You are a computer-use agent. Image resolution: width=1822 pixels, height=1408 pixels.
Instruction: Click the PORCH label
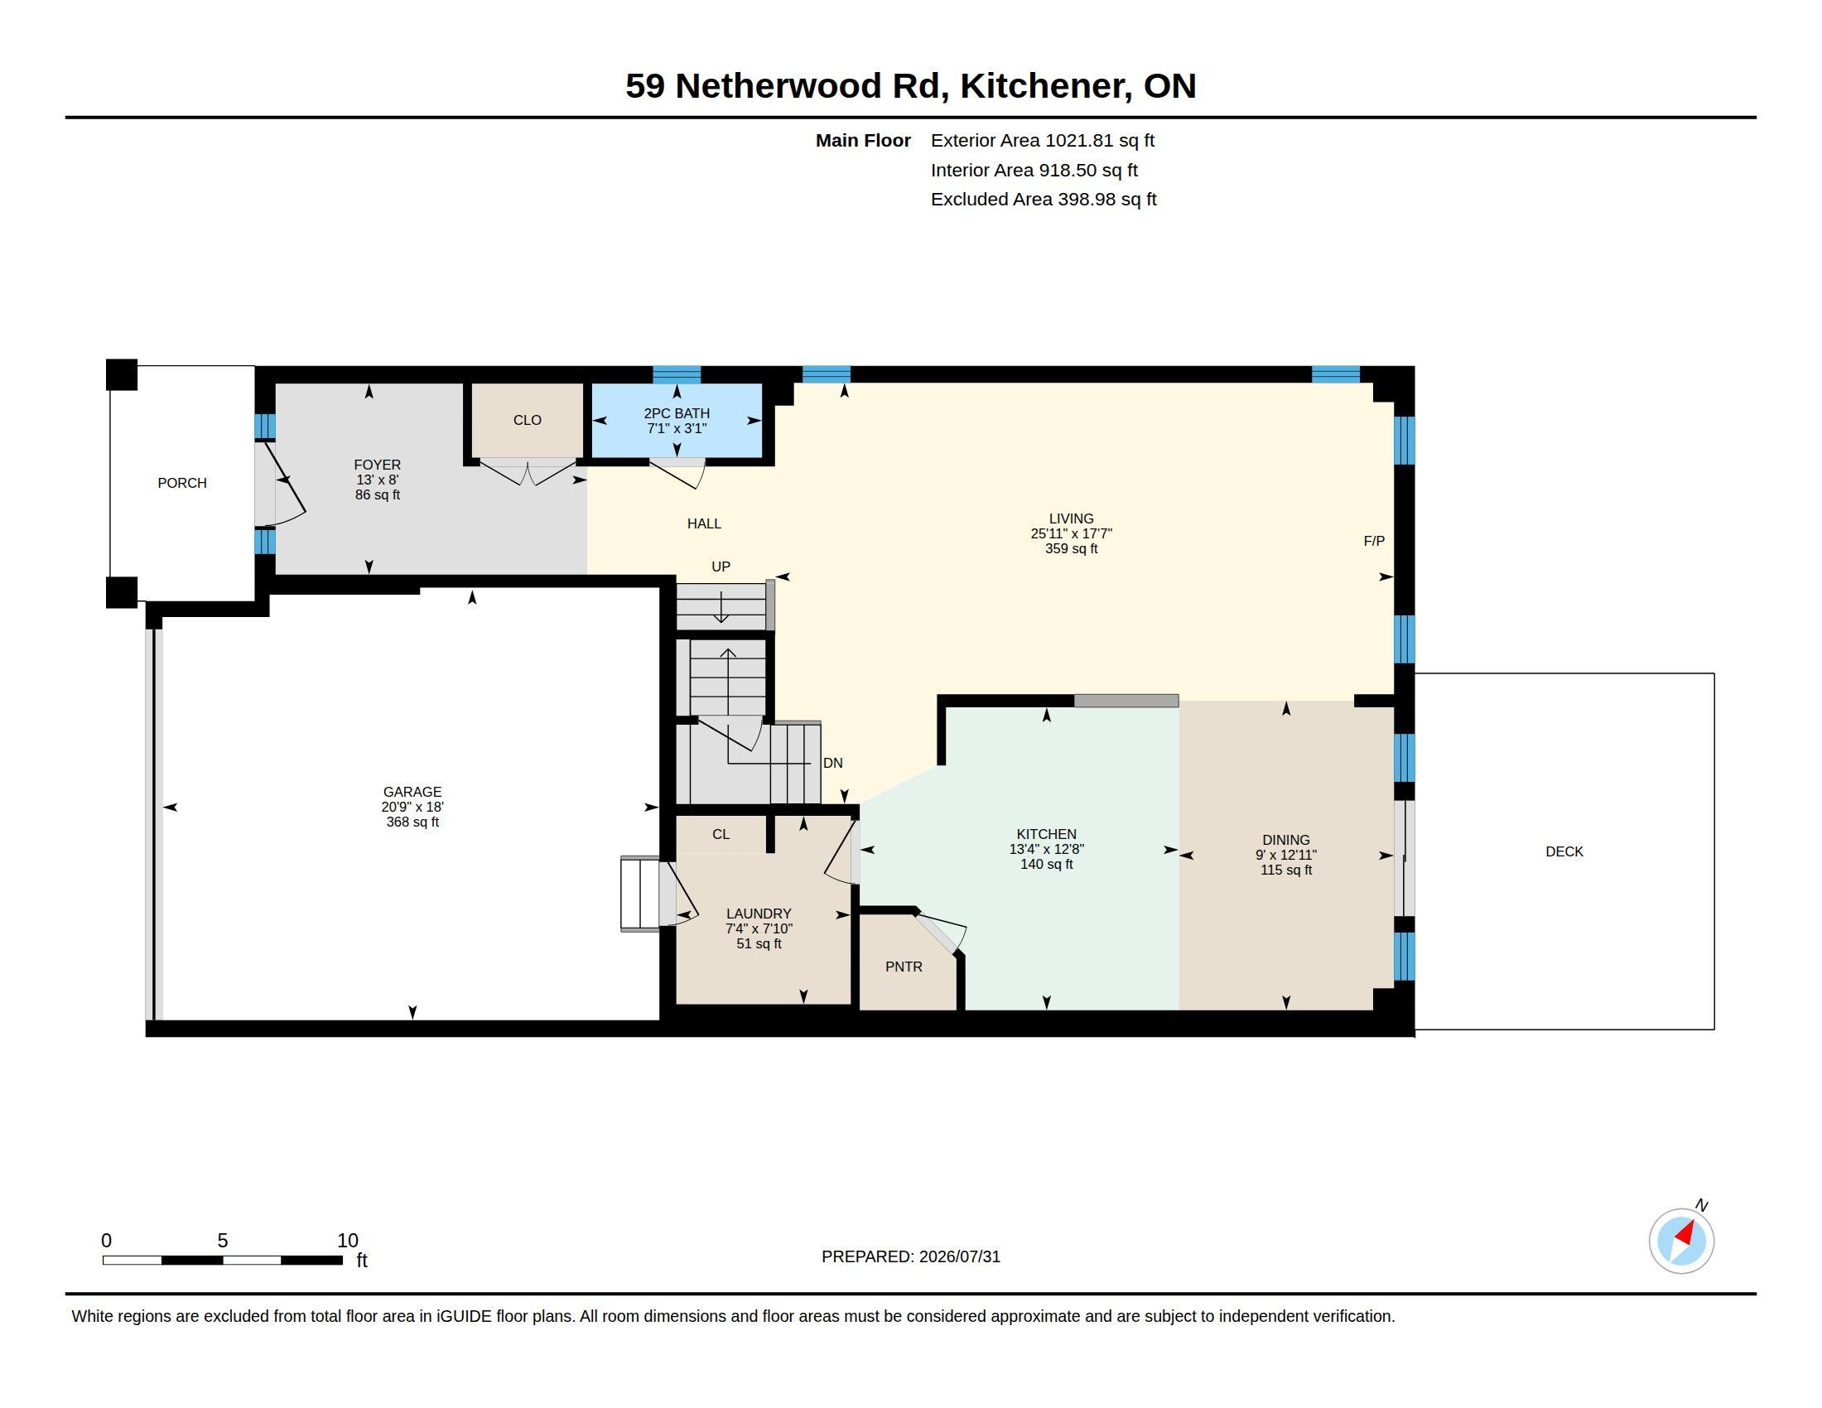182,483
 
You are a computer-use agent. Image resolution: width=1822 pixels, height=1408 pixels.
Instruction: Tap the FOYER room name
377,465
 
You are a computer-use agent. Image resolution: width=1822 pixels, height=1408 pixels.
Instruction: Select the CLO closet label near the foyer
528,420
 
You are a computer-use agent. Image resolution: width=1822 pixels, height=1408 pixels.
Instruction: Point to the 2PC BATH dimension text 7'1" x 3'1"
677,428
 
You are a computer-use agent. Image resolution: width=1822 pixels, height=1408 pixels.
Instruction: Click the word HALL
704,523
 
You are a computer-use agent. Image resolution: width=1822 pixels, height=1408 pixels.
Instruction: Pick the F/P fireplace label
1374,541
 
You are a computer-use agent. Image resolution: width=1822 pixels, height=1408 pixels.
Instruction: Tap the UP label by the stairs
721,567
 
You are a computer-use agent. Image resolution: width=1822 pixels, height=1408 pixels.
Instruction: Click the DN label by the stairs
832,762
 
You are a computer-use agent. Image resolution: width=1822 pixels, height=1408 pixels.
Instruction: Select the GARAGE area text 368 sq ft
412,822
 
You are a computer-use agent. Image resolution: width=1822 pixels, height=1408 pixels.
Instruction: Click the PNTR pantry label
904,967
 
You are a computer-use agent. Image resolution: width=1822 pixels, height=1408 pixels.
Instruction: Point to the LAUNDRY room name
759,914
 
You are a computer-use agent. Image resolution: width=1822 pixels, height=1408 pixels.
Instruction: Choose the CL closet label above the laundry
721,834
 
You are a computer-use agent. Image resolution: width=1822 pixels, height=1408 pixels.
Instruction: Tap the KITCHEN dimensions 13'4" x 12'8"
1046,849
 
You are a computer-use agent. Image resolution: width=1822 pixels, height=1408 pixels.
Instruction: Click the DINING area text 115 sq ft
1285,870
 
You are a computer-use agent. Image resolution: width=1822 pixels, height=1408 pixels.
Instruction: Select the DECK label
1564,851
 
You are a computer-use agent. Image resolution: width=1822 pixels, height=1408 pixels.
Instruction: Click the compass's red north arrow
1686,1233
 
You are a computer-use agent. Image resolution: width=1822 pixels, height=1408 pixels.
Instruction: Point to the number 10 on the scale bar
348,1241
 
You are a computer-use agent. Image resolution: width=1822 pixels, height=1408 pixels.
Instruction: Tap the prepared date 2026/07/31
959,1256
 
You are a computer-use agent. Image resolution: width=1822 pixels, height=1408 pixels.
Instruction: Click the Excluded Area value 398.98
1087,200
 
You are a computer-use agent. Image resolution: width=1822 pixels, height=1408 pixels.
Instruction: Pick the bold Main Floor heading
863,140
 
